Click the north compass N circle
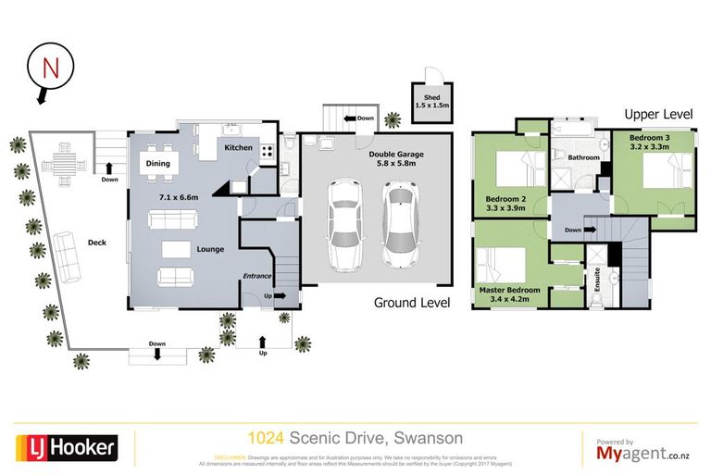[x=49, y=67]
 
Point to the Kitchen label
[x=238, y=148]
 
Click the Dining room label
[x=158, y=164]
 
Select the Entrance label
[x=256, y=276]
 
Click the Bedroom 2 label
[x=505, y=203]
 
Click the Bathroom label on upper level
[x=583, y=157]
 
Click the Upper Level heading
[x=658, y=114]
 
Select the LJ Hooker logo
[x=66, y=448]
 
